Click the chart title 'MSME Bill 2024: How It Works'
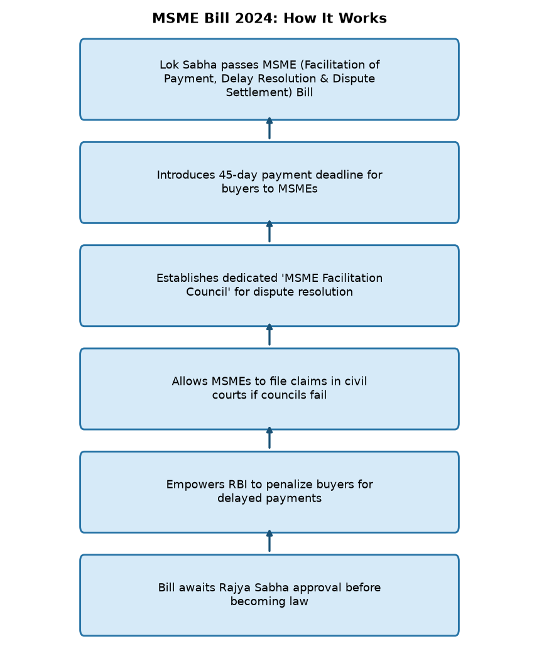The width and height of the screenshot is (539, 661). [269, 18]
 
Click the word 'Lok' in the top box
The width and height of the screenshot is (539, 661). [169, 65]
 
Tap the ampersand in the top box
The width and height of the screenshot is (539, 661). [324, 78]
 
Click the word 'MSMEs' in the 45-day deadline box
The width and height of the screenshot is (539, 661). [298, 188]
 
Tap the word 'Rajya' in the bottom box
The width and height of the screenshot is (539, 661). [235, 588]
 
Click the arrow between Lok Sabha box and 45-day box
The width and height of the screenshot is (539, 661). [269, 128]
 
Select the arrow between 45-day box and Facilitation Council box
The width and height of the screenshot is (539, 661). [269, 232]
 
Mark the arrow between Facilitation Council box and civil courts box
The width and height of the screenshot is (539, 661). [269, 335]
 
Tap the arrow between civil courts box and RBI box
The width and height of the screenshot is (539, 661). [269, 438]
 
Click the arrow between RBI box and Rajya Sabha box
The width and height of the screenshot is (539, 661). [269, 541]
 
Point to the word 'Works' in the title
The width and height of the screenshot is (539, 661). [362, 18]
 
